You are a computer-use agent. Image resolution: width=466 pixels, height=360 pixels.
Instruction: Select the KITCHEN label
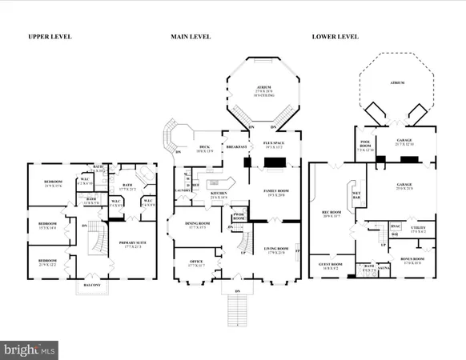197,194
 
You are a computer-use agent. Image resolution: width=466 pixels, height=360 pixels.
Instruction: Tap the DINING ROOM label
196,225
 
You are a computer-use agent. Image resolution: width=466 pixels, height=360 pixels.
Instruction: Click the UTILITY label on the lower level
419,229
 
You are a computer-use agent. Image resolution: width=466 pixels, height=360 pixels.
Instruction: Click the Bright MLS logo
30,349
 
